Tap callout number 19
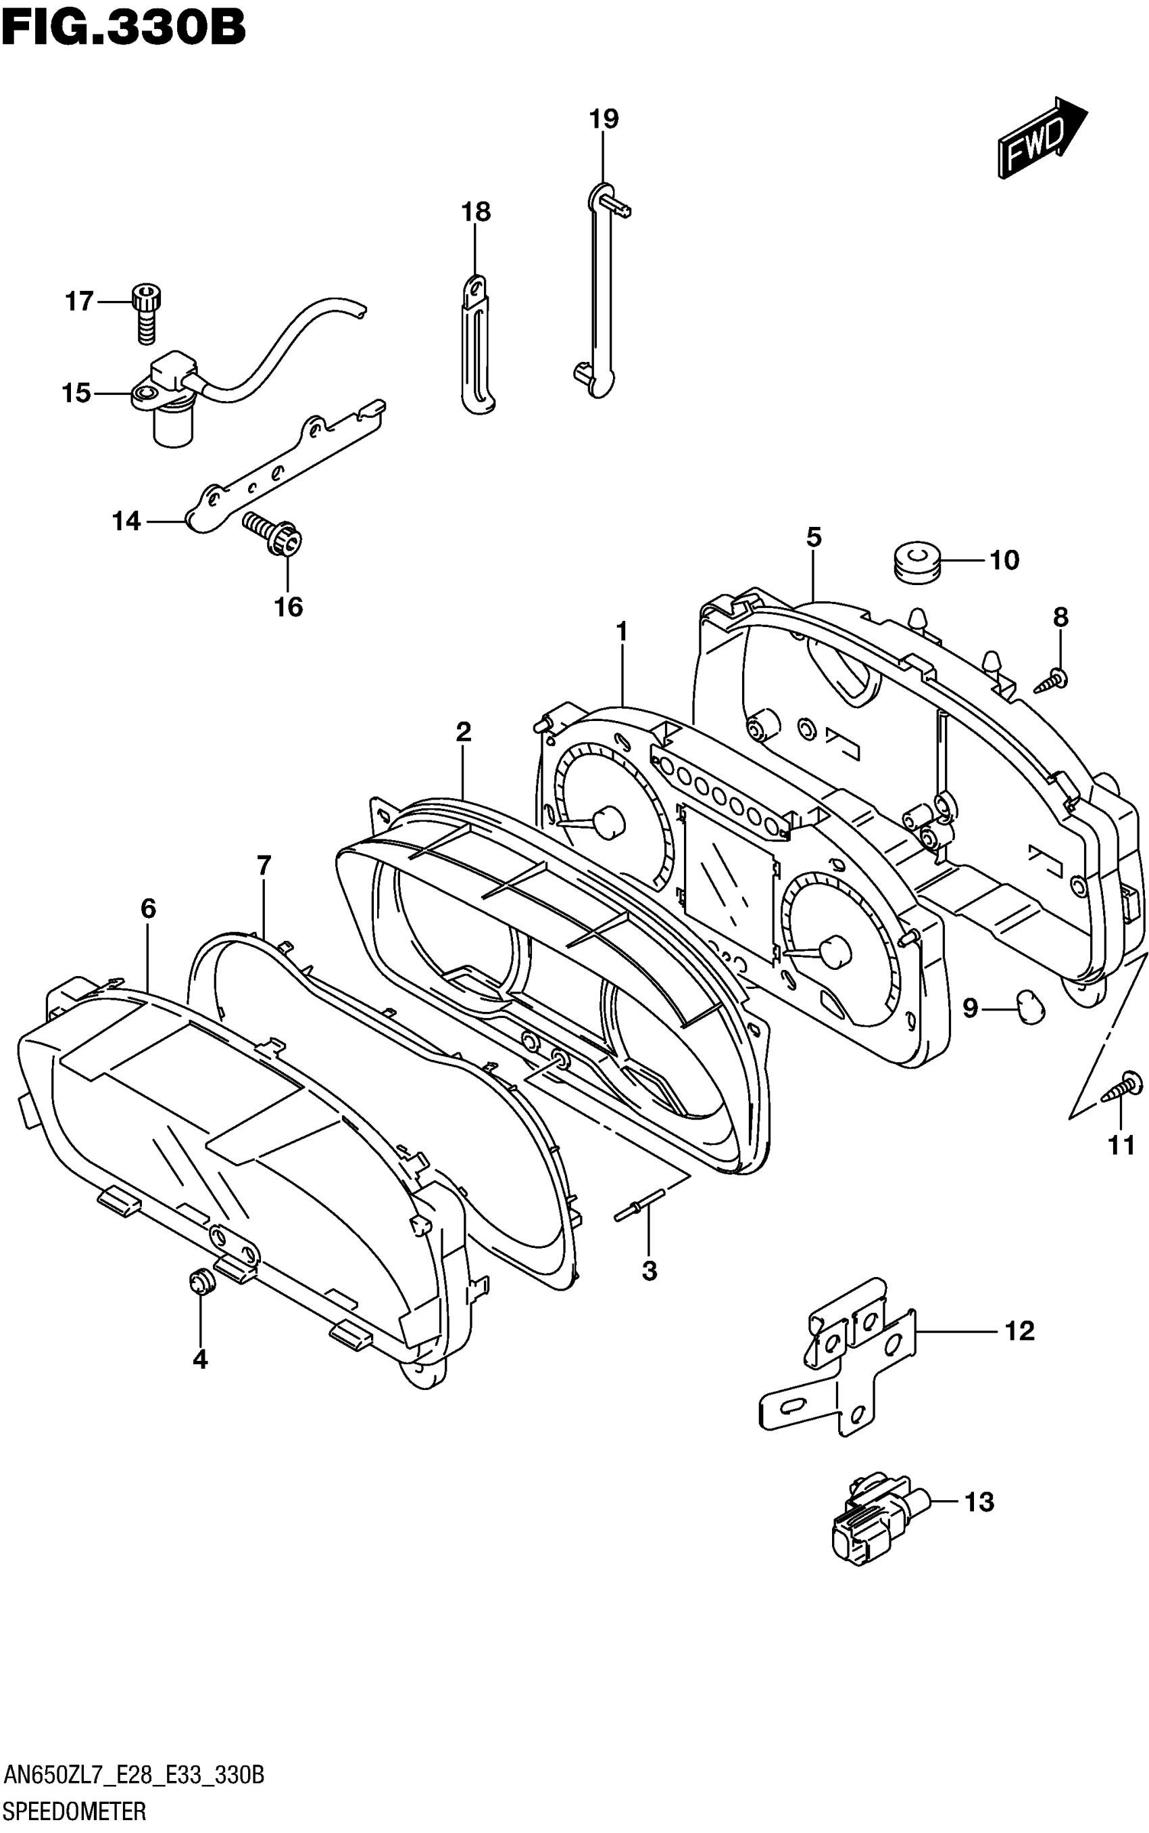[604, 118]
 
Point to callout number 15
[76, 393]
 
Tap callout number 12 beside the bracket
[1019, 1330]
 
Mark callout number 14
[127, 521]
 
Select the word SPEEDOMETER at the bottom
[74, 1811]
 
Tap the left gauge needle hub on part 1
[607, 822]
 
